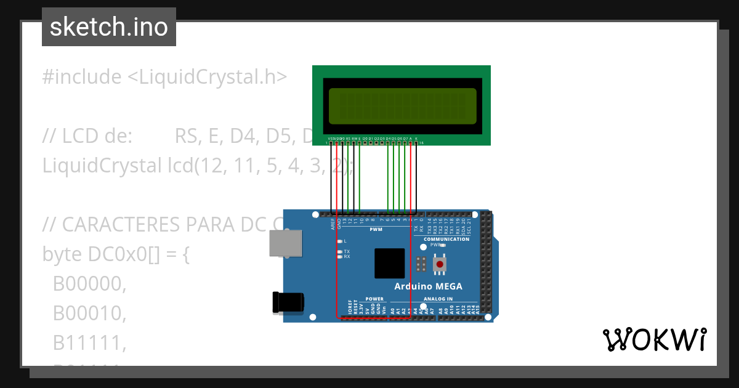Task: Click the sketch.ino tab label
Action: pyautogui.click(x=109, y=27)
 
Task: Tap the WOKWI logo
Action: pyautogui.click(x=655, y=339)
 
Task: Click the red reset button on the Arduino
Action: pyautogui.click(x=440, y=264)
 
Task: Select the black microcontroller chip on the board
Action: pyautogui.click(x=389, y=264)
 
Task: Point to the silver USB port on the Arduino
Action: pyautogui.click(x=286, y=243)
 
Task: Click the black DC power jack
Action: pyautogui.click(x=289, y=302)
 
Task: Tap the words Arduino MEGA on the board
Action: pyautogui.click(x=428, y=286)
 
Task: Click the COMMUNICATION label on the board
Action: pyautogui.click(x=446, y=239)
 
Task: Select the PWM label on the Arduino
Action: pyautogui.click(x=376, y=230)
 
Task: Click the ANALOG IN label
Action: pyautogui.click(x=438, y=299)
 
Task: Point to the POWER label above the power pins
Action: pyautogui.click(x=374, y=299)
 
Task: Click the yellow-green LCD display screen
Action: pyautogui.click(x=402, y=105)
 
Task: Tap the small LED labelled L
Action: pyautogui.click(x=340, y=241)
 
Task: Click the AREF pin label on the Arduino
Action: pyautogui.click(x=333, y=224)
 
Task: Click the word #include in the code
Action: pyautogui.click(x=82, y=77)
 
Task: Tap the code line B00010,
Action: pyautogui.click(x=89, y=313)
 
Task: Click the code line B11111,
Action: pyautogui.click(x=89, y=343)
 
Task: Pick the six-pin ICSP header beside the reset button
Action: pyautogui.click(x=421, y=264)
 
